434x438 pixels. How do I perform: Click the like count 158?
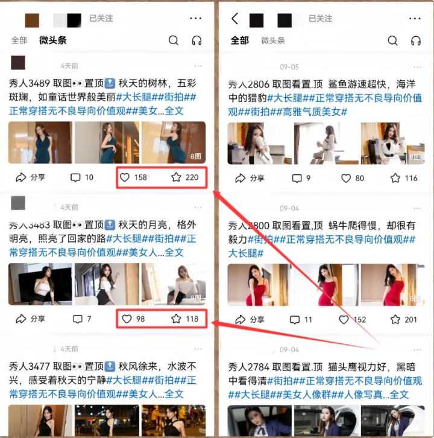(140, 177)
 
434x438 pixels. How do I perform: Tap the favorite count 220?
(192, 177)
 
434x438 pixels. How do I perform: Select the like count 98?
(140, 319)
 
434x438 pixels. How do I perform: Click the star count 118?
(192, 319)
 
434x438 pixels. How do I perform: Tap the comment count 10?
(89, 177)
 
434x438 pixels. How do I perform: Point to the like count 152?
(360, 320)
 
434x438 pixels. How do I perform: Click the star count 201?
(411, 320)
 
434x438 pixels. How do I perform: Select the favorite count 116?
(411, 178)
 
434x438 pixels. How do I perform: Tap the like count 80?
(359, 178)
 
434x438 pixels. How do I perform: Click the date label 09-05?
(289, 67)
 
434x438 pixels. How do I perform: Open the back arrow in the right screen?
(234, 19)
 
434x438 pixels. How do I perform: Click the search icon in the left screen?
(174, 40)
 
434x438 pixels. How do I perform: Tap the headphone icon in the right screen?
(415, 40)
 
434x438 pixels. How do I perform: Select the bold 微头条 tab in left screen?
(53, 40)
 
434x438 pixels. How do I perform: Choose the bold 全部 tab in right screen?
(239, 40)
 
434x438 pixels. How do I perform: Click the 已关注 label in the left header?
(101, 19)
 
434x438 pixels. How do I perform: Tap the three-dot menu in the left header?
(195, 19)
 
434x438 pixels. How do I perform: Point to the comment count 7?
(89, 319)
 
